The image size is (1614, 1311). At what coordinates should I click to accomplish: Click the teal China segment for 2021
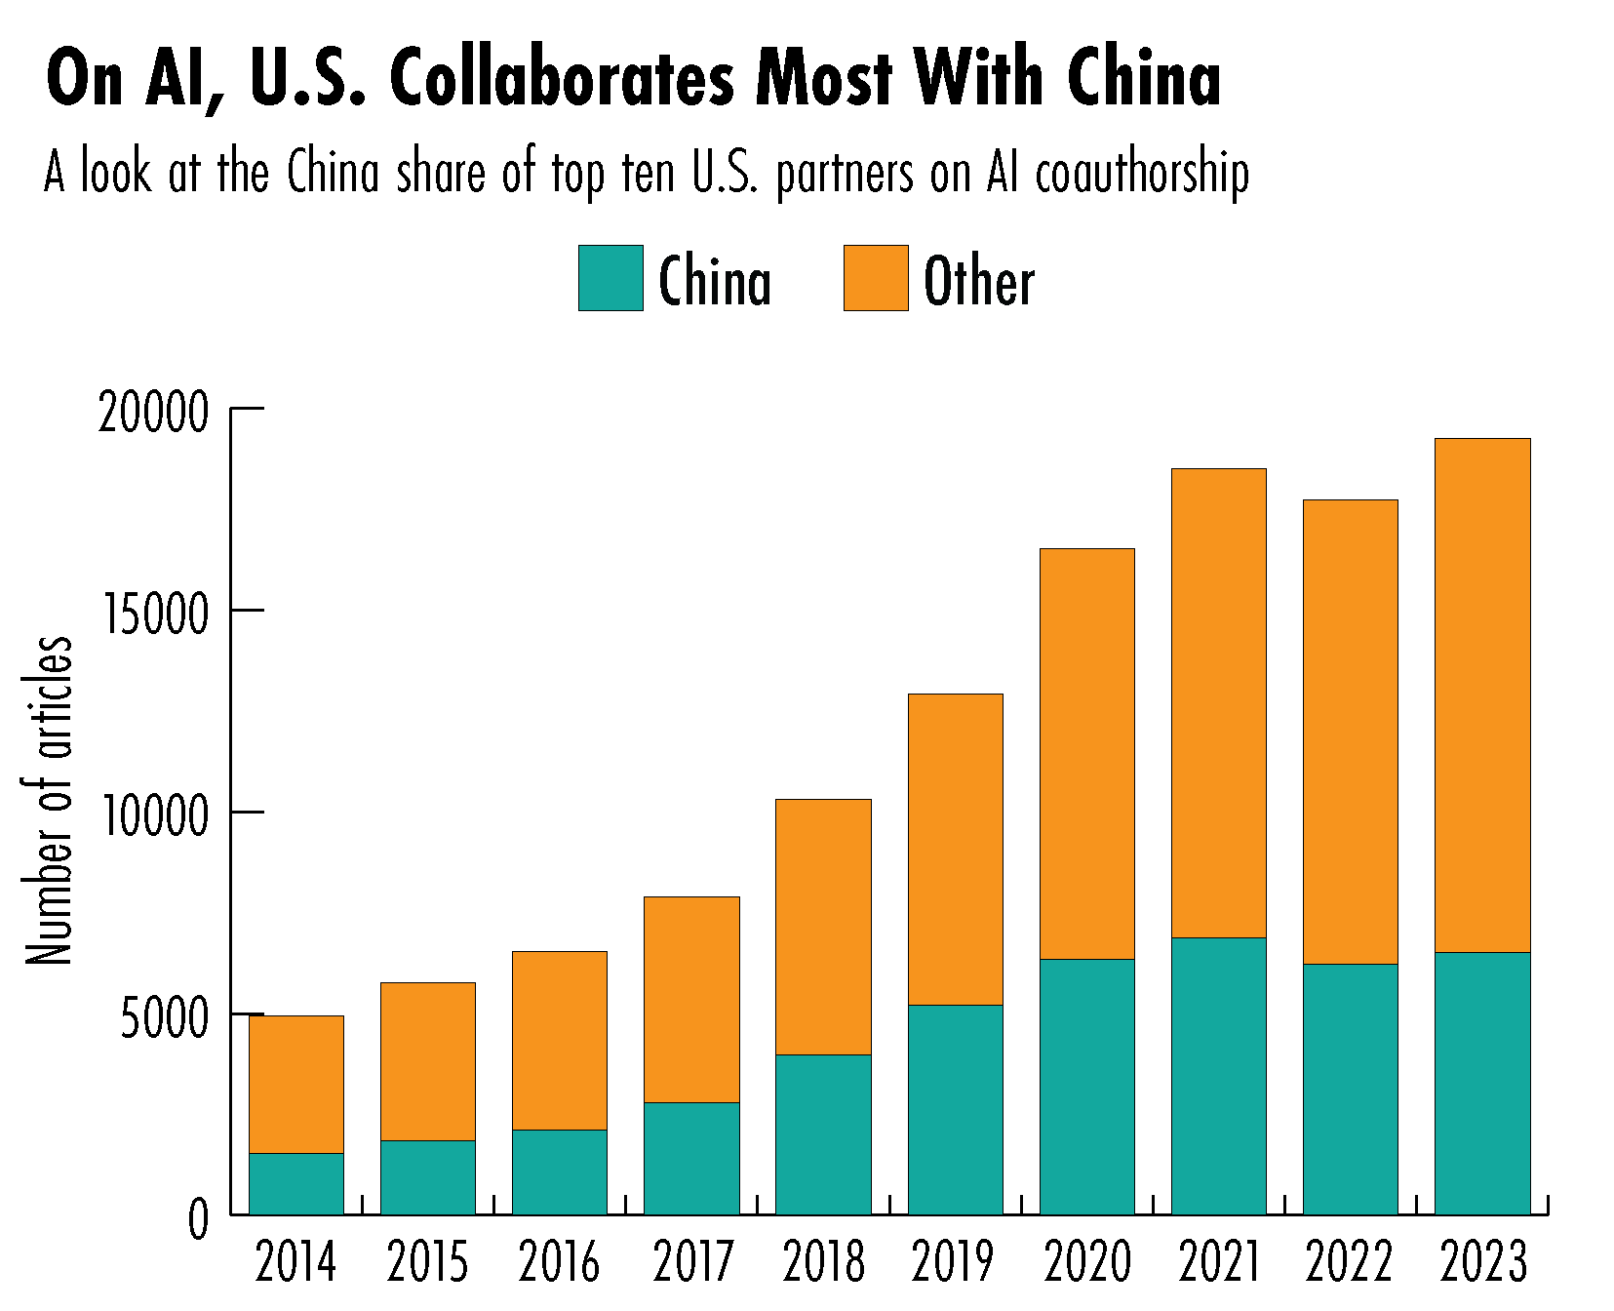pyautogui.click(x=1218, y=1076)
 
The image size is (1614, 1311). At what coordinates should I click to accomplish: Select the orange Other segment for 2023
pyautogui.click(x=1481, y=695)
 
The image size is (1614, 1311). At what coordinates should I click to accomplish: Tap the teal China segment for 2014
pyautogui.click(x=296, y=1183)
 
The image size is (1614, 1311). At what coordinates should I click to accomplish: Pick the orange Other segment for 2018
pyautogui.click(x=823, y=927)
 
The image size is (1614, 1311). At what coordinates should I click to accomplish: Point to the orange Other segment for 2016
pyautogui.click(x=560, y=1040)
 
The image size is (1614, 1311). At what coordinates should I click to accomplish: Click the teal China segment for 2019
pyautogui.click(x=955, y=1109)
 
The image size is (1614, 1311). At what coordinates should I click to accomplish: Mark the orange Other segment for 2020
pyautogui.click(x=1086, y=753)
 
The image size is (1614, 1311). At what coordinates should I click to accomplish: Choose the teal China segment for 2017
pyautogui.click(x=691, y=1158)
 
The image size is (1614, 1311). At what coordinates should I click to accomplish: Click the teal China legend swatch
pyautogui.click(x=610, y=278)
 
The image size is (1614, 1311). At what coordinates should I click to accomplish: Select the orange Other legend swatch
pyautogui.click(x=876, y=278)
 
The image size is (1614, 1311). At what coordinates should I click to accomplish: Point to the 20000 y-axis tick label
pyautogui.click(x=154, y=413)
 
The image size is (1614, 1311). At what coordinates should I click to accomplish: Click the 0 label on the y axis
pyautogui.click(x=198, y=1219)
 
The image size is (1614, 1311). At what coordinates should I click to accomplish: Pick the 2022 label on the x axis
pyautogui.click(x=1351, y=1262)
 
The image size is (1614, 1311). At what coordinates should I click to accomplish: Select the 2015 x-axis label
pyautogui.click(x=427, y=1262)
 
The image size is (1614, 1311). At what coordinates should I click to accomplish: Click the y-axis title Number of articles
pyautogui.click(x=49, y=800)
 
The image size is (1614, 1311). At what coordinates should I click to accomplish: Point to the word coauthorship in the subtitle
pyautogui.click(x=1142, y=174)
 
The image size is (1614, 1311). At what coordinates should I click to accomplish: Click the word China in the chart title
pyautogui.click(x=1143, y=78)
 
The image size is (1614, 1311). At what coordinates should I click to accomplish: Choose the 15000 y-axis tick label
pyautogui.click(x=154, y=615)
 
